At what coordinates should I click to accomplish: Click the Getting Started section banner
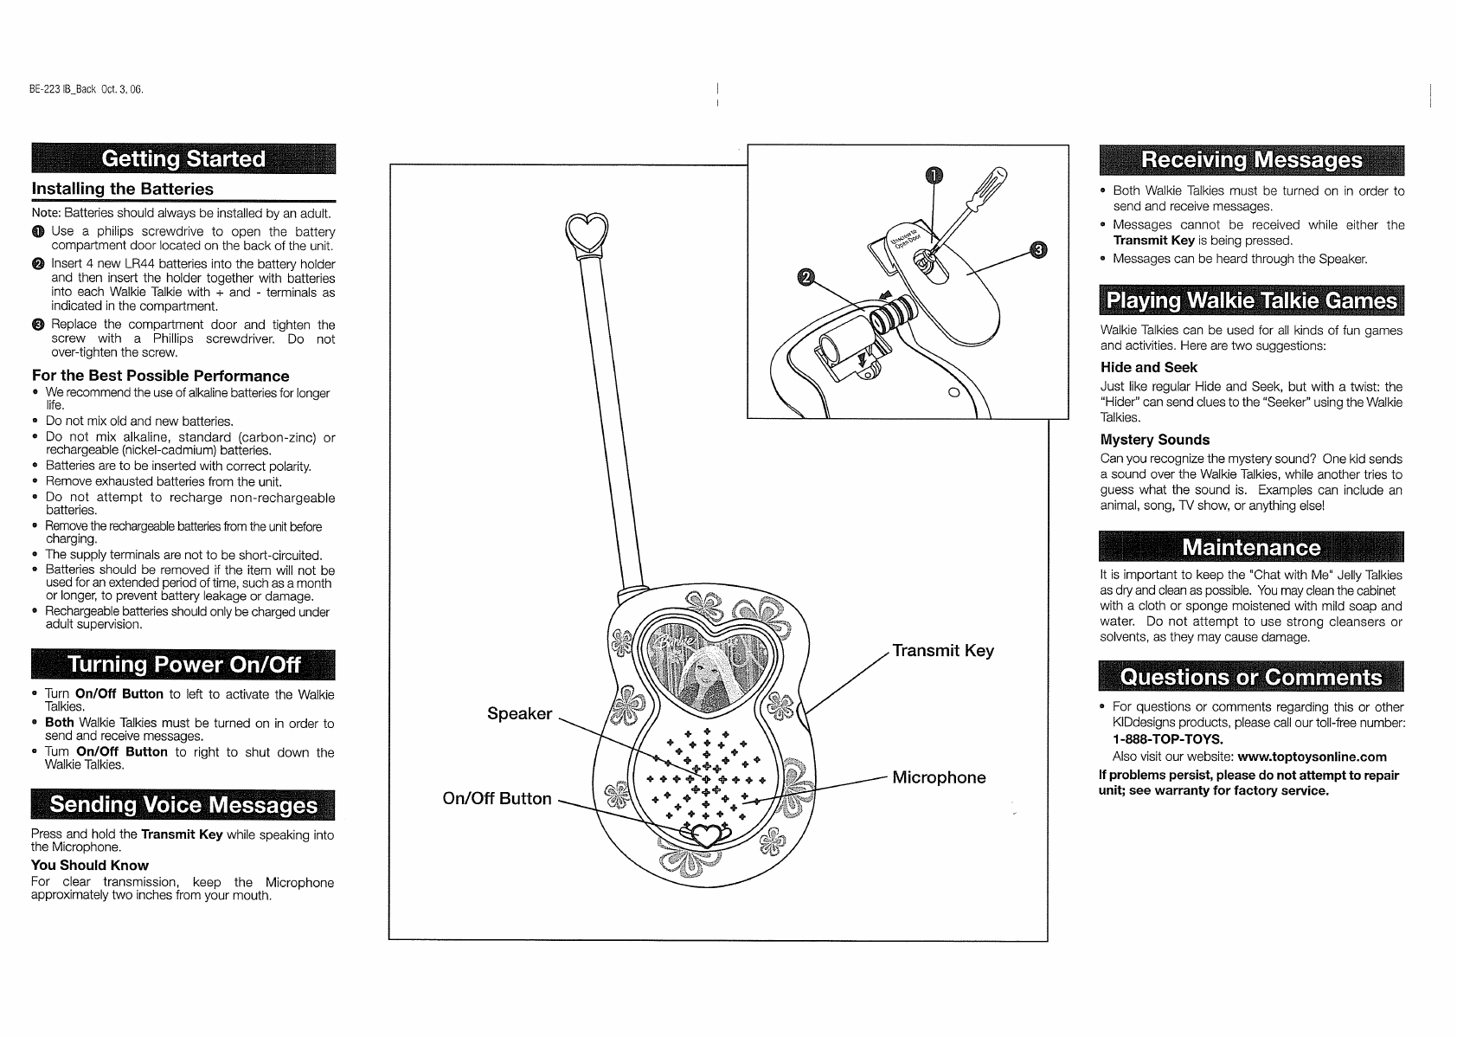coord(183,159)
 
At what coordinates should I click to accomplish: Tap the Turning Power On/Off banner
coord(183,665)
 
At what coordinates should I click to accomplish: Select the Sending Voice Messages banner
coord(183,805)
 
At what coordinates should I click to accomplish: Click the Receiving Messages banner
coord(1251,160)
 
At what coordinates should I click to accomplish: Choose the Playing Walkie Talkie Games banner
coord(1251,301)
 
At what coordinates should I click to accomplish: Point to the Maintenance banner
coord(1251,548)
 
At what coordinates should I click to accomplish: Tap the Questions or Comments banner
coord(1251,677)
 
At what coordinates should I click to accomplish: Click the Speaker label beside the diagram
coord(519,714)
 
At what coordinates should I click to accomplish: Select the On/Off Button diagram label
coord(497,799)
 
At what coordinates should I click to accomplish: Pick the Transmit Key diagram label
coord(943,651)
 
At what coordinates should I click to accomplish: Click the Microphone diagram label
coord(939,777)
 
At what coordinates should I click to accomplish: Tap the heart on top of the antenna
coord(587,231)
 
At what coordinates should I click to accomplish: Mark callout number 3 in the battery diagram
coord(1038,250)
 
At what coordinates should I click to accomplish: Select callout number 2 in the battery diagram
coord(805,277)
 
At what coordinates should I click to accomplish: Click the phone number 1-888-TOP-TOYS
coord(1167,740)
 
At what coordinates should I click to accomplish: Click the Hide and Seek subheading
coord(1148,368)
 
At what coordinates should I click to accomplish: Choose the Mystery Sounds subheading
coord(1154,440)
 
